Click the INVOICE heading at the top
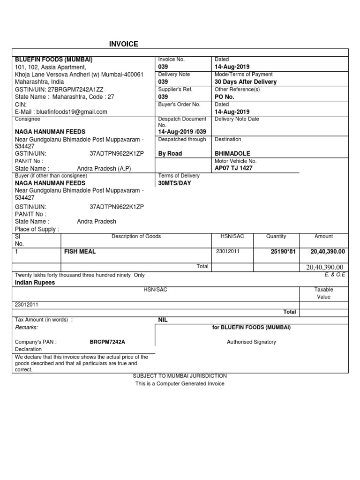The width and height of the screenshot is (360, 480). point(123,44)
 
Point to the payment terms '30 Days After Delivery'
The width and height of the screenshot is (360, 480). point(245,82)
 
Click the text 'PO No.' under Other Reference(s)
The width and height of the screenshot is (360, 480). point(224,97)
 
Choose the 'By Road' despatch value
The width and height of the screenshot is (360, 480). point(170,153)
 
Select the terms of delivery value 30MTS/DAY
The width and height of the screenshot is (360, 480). point(175,183)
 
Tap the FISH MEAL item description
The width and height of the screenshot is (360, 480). point(80,252)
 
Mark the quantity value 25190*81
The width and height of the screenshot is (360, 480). point(284,252)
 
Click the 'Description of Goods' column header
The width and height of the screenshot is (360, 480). point(136,236)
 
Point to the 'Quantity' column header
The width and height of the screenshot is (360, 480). point(276,236)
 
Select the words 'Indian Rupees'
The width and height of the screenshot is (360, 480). point(35,283)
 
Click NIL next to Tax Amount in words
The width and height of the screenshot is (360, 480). point(163,320)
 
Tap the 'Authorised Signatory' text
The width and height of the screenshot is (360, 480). point(251,342)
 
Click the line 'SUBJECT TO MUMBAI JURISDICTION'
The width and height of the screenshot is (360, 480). point(180,376)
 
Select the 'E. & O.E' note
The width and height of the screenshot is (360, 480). point(335,275)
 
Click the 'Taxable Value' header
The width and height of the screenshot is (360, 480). point(323,293)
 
